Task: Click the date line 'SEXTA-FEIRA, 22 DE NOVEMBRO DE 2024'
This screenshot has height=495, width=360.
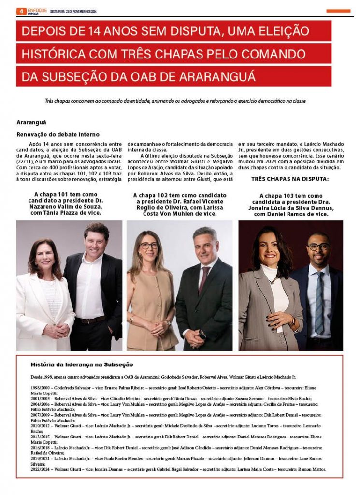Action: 74,11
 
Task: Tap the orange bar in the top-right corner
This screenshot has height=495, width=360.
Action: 338,11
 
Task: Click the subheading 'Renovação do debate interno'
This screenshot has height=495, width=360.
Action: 58,134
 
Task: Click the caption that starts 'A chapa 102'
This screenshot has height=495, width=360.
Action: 179,204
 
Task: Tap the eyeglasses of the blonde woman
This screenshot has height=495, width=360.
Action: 149,246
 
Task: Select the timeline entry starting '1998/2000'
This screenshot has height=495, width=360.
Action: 174,388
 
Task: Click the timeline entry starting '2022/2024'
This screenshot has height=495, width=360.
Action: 178,469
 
